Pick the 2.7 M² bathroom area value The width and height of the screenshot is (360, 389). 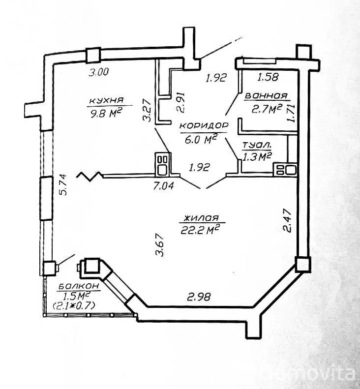[x=266, y=109]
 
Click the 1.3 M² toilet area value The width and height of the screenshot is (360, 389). [x=257, y=156]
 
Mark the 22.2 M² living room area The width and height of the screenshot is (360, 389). [x=200, y=230]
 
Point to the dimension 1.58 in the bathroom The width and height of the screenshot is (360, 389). [x=269, y=77]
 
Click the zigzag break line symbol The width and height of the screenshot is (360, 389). [x=90, y=175]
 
